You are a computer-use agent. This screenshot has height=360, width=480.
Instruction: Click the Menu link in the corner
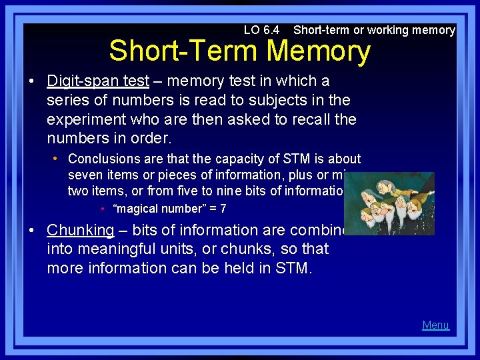435,325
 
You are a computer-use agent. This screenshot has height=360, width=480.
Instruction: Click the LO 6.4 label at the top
261,30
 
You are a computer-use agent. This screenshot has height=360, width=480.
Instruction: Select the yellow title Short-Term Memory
239,52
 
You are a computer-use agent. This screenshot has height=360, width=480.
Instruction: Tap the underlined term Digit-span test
98,81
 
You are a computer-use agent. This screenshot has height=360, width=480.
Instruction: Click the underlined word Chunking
81,230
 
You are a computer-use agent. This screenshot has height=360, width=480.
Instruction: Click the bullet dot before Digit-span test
32,81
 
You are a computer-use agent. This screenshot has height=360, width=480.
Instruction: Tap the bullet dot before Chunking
32,231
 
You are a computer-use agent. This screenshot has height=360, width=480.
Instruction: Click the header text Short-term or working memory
374,30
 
